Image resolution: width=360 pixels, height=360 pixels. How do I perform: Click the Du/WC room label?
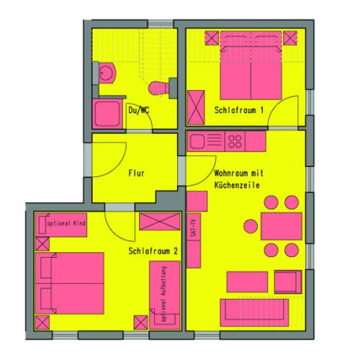139,110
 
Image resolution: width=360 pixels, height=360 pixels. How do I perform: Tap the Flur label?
136,173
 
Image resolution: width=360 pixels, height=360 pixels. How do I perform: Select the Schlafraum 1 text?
239,110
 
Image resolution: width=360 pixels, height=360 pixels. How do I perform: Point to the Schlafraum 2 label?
153,251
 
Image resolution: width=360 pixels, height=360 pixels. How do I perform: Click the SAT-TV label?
194,228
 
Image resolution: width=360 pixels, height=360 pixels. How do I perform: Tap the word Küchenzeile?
237,185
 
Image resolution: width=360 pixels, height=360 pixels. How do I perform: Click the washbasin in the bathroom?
106,73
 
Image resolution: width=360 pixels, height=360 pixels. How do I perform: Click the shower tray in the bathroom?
107,114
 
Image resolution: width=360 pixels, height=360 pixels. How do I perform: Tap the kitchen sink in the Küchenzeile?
197,141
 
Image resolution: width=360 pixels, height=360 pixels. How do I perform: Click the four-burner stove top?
235,142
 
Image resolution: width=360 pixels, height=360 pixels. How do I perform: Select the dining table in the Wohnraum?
282,226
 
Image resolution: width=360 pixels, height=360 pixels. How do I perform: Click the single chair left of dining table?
251,226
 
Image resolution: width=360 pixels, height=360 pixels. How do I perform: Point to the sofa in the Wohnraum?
254,312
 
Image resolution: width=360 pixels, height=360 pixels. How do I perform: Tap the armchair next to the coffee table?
288,282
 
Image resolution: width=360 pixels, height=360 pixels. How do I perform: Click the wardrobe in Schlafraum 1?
196,107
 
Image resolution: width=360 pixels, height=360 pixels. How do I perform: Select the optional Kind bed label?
66,223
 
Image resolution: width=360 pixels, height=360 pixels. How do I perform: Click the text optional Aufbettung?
164,293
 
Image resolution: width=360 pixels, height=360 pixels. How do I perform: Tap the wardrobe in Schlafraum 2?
160,221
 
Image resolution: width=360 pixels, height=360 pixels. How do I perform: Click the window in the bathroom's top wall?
161,24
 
